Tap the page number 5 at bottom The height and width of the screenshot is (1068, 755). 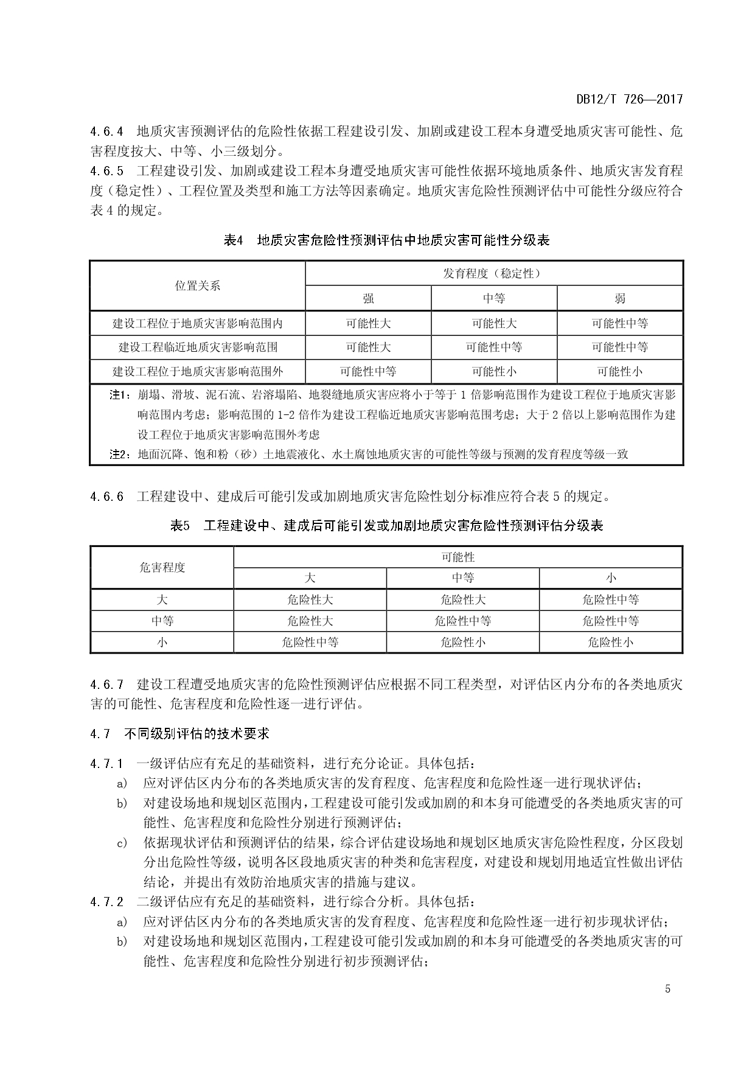667,988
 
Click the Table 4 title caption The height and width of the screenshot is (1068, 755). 386,240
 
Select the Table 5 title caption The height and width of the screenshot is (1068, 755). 386,525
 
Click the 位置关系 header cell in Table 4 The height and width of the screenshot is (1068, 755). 198,285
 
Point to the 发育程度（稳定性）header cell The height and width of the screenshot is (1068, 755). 493,274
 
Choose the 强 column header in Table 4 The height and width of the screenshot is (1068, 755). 368,298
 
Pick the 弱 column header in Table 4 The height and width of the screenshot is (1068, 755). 619,298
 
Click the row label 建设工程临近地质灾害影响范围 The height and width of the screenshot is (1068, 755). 198,347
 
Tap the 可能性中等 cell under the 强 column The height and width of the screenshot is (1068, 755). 368,371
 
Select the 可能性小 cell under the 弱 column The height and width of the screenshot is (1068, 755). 619,371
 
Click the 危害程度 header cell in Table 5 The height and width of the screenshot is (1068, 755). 162,567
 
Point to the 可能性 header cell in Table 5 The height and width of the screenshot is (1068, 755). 458,557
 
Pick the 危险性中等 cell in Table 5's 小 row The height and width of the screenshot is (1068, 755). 310,642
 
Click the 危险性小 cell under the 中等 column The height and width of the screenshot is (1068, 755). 462,642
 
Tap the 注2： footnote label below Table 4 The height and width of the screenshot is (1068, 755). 120,454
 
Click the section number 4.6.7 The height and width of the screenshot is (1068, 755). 107,685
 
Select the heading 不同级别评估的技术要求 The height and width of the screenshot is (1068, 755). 197,733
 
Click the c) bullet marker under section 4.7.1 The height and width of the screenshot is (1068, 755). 122,843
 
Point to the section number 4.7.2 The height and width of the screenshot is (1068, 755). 107,902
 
